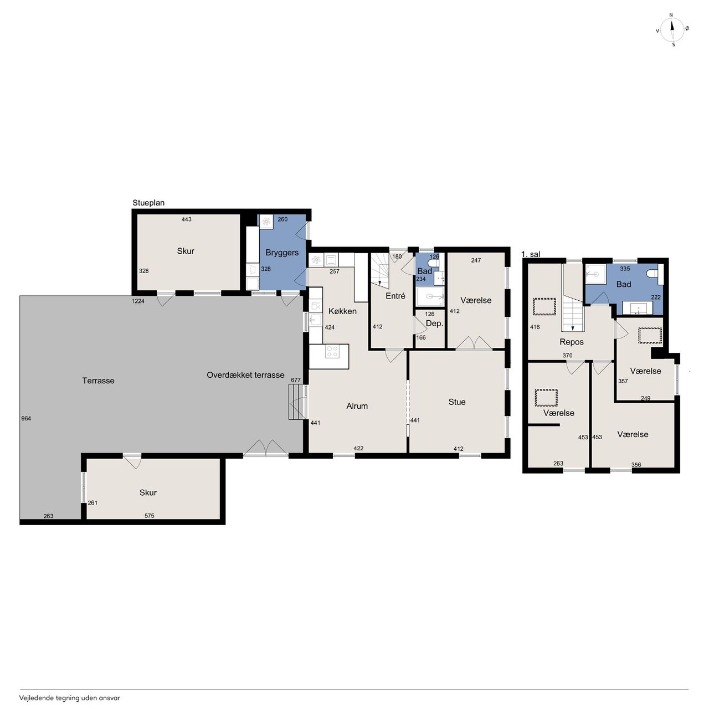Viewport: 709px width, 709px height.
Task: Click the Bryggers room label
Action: click(282, 253)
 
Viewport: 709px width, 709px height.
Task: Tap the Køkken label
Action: click(342, 311)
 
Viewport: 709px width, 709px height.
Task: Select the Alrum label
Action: click(357, 406)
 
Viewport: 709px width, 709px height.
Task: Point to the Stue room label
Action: click(456, 402)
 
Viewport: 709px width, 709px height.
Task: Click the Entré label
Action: click(395, 296)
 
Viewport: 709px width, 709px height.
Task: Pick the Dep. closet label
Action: click(434, 324)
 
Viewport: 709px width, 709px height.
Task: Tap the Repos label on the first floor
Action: click(572, 342)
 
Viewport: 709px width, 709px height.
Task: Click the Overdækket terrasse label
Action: click(245, 375)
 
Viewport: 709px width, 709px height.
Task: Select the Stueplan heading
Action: click(148, 203)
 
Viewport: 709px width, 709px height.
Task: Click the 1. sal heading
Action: click(531, 254)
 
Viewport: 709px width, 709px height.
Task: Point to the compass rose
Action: click(672, 30)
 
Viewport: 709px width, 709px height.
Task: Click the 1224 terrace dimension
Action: click(138, 301)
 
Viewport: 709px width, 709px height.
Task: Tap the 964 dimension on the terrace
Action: click(26, 418)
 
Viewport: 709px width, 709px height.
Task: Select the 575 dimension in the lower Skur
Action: click(149, 516)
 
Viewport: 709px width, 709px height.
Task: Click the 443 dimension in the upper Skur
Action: click(187, 219)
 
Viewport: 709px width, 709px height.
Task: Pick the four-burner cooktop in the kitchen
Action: click(332, 351)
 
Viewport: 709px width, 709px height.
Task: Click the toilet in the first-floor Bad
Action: click(654, 274)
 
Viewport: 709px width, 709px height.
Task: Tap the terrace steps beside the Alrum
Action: click(296, 402)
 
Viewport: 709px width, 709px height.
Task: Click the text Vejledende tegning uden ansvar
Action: click(70, 697)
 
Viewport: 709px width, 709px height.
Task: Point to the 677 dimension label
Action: click(296, 380)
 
